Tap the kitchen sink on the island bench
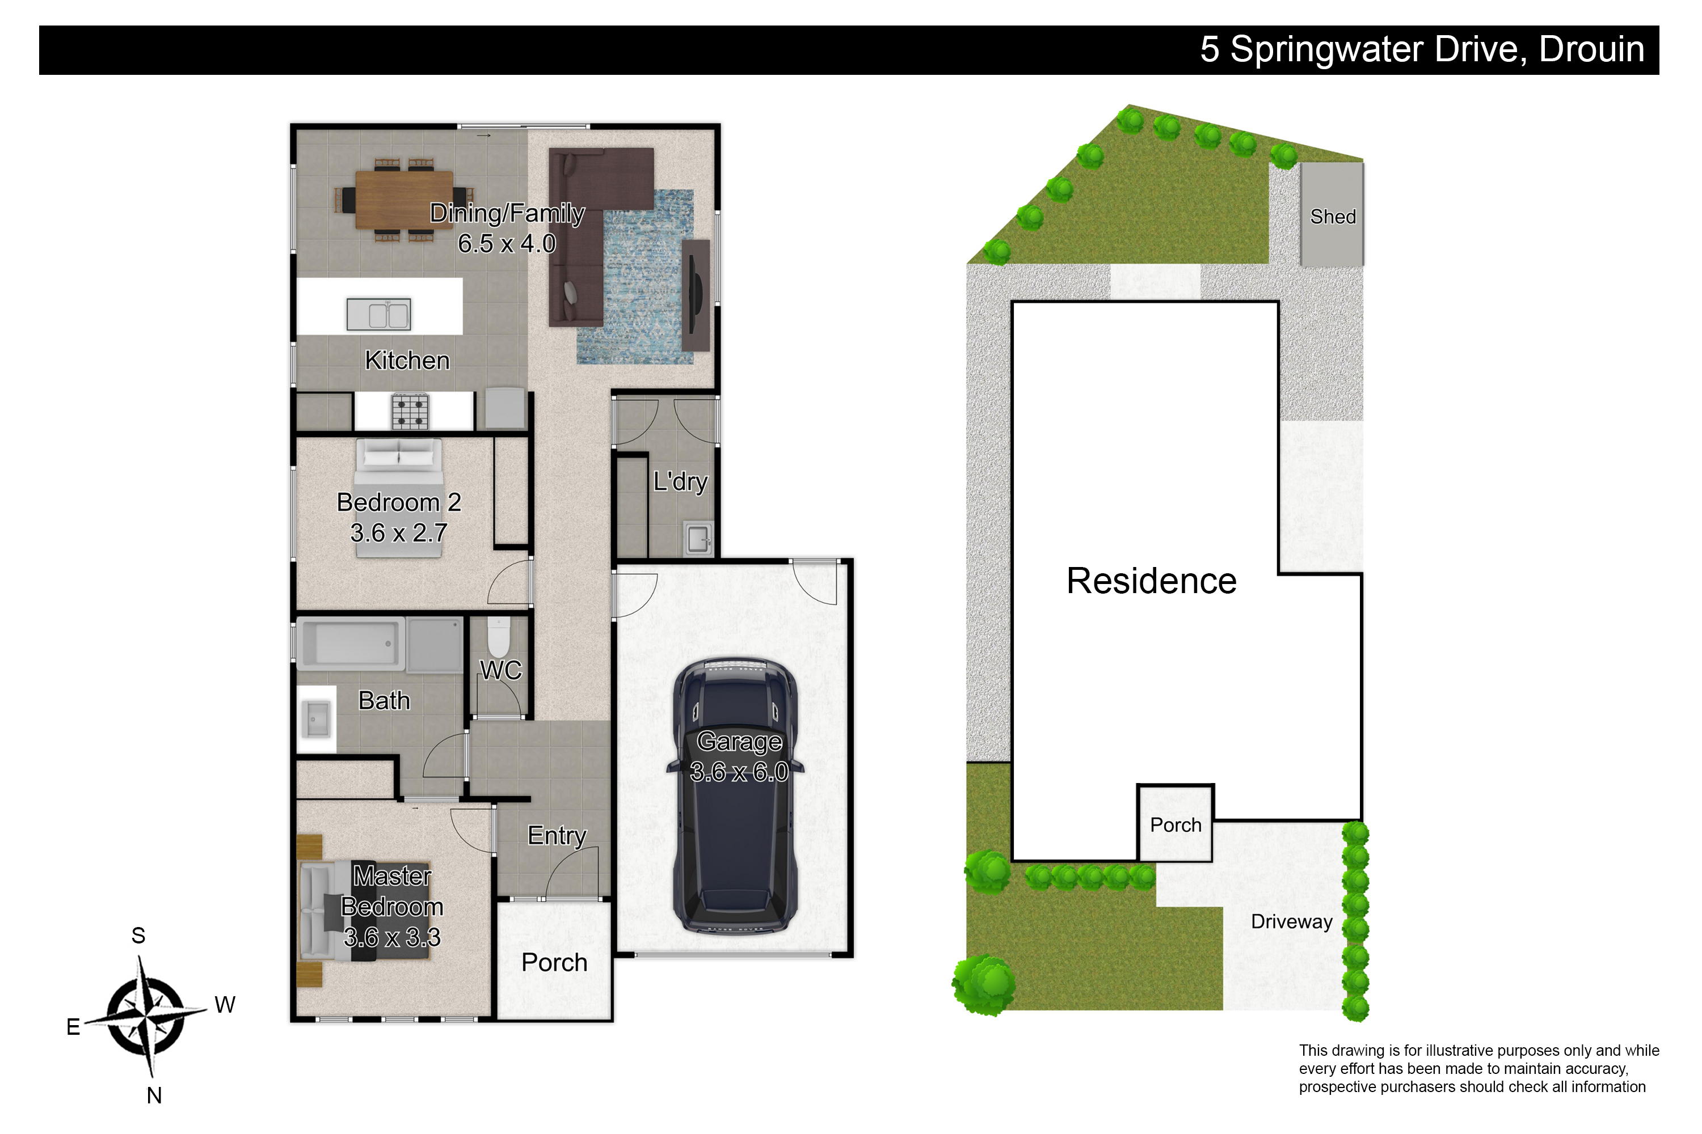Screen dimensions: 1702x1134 point(378,314)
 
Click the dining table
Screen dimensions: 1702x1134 point(404,199)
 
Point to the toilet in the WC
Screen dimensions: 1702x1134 point(499,636)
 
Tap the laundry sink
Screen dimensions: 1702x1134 point(698,538)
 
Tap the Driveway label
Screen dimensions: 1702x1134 point(1292,921)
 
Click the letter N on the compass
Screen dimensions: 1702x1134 point(154,1095)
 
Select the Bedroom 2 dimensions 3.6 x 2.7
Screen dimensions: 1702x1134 point(399,533)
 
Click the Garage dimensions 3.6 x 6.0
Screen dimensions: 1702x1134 point(739,772)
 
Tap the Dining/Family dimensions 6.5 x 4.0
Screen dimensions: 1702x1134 point(507,244)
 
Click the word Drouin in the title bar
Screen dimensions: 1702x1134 point(1591,49)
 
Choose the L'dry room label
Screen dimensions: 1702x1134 point(680,481)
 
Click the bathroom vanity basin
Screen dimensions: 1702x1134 point(315,720)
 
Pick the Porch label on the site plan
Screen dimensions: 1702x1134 point(1176,825)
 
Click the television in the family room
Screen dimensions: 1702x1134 point(696,294)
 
